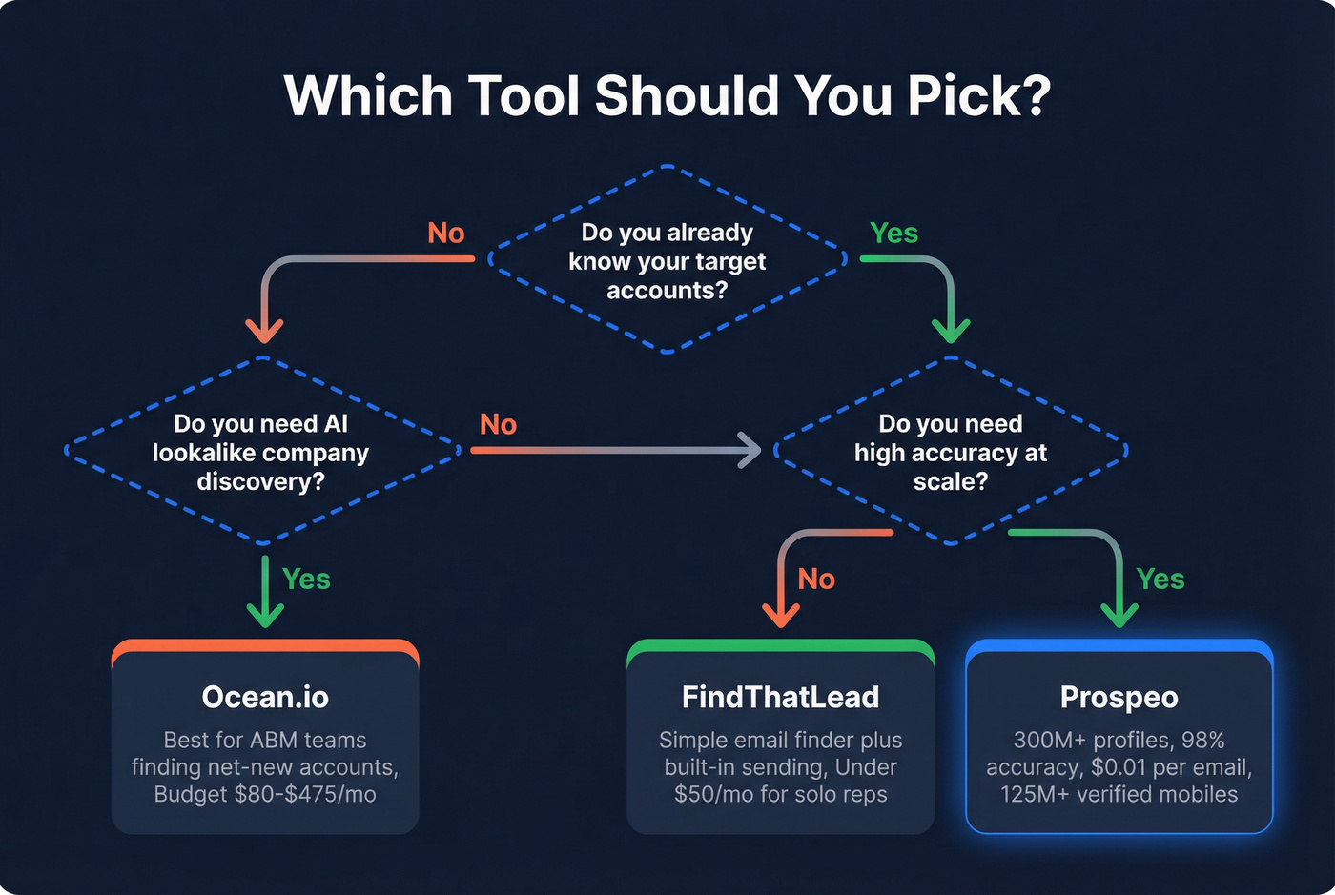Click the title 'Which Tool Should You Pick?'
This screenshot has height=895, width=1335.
click(667, 96)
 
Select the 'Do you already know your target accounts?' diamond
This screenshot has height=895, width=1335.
click(667, 261)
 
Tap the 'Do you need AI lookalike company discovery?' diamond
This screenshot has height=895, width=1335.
click(260, 453)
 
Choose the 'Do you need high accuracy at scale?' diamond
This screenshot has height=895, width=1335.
click(950, 453)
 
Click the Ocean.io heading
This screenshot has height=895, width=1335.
click(265, 697)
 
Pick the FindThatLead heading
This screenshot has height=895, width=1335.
click(780, 697)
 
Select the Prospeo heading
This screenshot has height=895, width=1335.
click(1119, 697)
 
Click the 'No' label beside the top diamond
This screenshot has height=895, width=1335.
click(445, 234)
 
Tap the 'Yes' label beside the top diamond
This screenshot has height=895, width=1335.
click(893, 234)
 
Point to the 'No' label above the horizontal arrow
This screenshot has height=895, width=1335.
click(498, 424)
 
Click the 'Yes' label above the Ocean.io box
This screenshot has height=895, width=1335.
click(306, 580)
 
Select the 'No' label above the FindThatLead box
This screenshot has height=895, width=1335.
click(816, 580)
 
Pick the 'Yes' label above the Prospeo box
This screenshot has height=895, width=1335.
click(1160, 580)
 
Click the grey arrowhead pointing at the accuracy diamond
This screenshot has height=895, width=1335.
click(750, 450)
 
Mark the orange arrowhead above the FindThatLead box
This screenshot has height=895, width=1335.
click(781, 614)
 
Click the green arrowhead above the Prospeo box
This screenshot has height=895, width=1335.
click(1119, 614)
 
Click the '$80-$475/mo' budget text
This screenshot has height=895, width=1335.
click(305, 795)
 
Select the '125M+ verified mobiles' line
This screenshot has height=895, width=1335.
click(1119, 795)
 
